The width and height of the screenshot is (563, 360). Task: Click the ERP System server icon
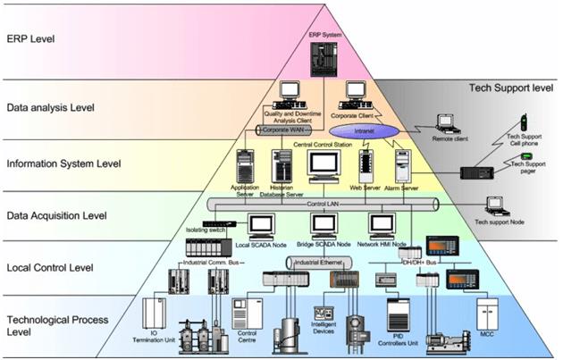(x=320, y=55)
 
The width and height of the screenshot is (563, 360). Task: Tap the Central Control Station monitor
(x=324, y=163)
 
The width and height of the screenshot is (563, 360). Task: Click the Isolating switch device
(x=218, y=224)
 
